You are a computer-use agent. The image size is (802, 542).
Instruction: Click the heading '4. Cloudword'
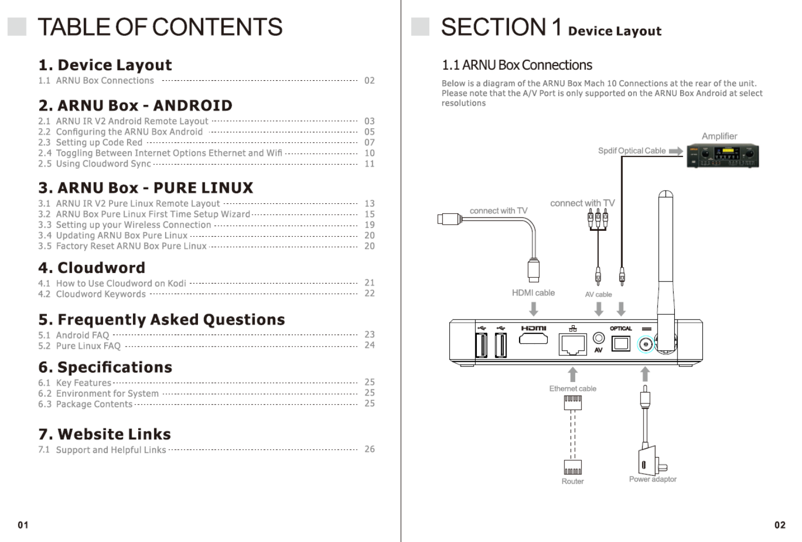click(92, 268)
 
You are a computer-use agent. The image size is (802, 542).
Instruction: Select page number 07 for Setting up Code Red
click(369, 142)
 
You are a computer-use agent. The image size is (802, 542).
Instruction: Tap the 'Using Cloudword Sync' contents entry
click(103, 164)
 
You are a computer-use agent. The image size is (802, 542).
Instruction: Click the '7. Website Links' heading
click(104, 434)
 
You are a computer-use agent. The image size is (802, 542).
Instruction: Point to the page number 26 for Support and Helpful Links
click(369, 449)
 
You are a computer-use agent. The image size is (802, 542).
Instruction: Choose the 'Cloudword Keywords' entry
click(101, 294)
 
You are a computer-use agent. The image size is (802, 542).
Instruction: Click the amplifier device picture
click(722, 156)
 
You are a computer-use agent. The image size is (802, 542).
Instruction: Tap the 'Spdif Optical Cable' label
click(632, 151)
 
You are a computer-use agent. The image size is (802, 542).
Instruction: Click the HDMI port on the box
click(533, 339)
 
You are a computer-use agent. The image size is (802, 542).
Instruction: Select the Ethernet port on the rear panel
click(572, 344)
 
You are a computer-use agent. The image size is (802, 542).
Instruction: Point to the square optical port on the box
click(621, 344)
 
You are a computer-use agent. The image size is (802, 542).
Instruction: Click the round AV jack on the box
click(599, 338)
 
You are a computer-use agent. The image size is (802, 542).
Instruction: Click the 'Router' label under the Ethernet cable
click(572, 481)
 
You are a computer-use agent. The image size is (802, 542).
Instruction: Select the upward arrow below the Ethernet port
click(573, 374)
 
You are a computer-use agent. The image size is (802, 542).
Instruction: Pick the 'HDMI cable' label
click(533, 293)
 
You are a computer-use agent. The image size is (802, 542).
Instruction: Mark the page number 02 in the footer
click(780, 525)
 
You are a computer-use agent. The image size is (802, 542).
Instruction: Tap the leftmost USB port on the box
click(482, 345)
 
